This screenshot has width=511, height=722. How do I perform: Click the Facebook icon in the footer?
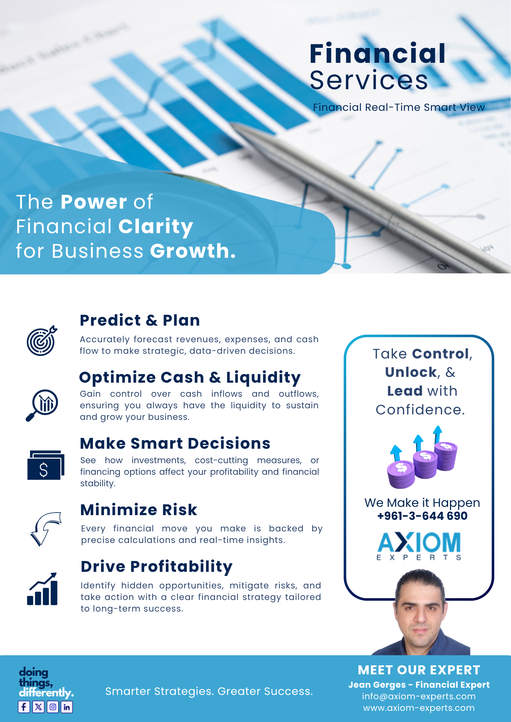pos(24,707)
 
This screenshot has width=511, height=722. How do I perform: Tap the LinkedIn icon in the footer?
pos(67,707)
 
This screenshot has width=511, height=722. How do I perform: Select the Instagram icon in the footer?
pos(53,707)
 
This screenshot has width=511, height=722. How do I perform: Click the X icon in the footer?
pos(38,707)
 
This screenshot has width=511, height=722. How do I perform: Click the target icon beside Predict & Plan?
pos(42,340)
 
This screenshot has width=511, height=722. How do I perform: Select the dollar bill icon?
pos(46,465)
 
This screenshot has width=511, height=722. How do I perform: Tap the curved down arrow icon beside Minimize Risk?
pos(46,529)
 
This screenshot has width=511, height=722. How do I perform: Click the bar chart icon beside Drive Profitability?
pos(42,589)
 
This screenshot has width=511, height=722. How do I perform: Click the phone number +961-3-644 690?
pos(422,516)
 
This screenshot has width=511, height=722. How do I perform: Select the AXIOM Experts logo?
pos(419,546)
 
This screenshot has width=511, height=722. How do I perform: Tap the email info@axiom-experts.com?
pos(419,696)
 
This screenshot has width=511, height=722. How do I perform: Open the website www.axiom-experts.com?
pos(419,708)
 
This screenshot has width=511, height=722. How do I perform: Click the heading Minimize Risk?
pos(139,510)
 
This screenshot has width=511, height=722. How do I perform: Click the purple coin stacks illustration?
pos(422,457)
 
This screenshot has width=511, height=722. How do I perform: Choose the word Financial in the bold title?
pos(378,53)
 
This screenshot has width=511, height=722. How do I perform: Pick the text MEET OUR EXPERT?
pos(419,670)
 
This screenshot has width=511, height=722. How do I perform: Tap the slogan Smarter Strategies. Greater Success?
pos(209,691)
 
